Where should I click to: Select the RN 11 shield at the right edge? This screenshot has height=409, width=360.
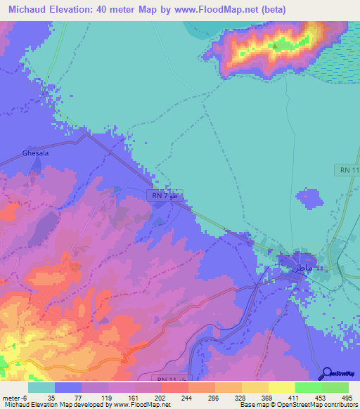[345, 171]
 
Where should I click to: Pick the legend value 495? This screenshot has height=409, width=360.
[347, 398]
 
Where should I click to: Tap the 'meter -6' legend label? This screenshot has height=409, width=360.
[15, 398]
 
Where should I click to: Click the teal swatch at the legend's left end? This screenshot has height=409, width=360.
[41, 387]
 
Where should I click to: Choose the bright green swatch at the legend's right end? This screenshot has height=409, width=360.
[335, 387]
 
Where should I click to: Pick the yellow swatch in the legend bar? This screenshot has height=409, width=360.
[281, 387]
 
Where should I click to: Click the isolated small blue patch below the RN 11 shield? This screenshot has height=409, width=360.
[307, 200]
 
